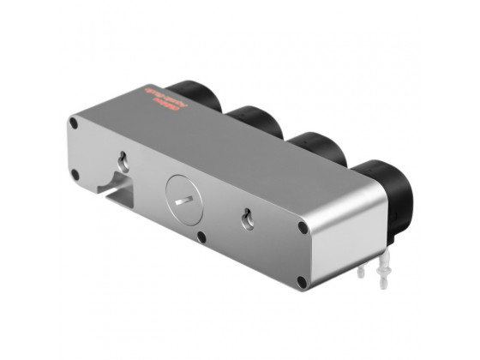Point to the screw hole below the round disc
tap(200, 237)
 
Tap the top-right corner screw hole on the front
tap(303, 229)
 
